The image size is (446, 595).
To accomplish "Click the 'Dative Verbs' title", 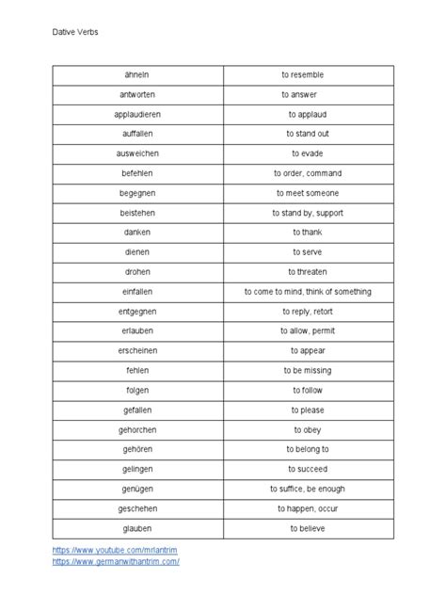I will pos(74,32).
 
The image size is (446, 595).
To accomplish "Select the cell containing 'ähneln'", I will pos(137,74).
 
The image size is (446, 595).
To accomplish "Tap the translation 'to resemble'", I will pos(308,74).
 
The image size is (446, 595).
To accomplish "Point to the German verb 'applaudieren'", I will pos(137,114).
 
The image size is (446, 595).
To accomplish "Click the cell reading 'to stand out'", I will pos(308,134).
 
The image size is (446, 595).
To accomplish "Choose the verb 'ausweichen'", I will pos(137,153).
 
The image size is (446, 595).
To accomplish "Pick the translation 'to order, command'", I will pos(308,173).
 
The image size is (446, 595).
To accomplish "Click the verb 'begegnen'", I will pos(137,193).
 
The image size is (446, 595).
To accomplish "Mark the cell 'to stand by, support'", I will pos(308,213).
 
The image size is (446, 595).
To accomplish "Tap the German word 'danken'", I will pos(137,233).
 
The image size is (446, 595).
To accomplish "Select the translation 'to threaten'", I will pos(308,272).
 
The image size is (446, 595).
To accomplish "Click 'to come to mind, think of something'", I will pos(308,292).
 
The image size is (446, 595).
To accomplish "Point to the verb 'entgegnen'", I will pos(137,312).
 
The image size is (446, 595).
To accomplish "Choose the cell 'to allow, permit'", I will pos(308,331).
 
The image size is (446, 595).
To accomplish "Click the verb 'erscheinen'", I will pos(137,351).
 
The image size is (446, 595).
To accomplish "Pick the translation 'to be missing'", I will pos(308,371).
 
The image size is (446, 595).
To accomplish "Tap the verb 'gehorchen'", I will pos(137,430).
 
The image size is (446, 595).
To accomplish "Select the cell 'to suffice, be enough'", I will pos(308,490).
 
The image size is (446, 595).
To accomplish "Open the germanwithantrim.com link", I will pos(116,561).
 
